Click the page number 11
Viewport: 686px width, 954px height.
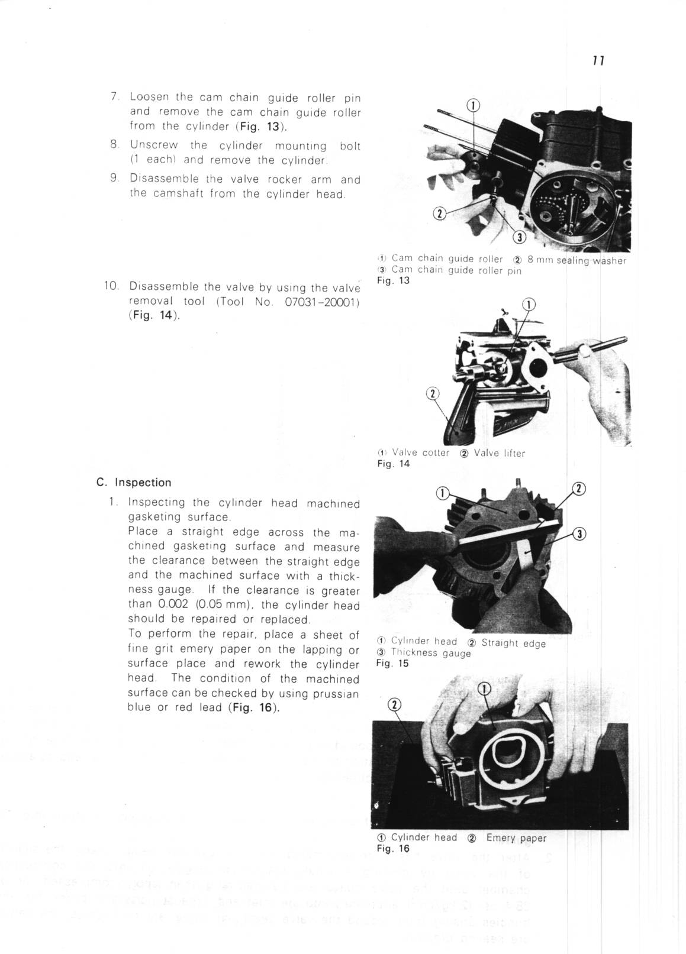tap(597, 60)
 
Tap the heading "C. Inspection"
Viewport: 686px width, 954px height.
tap(134, 483)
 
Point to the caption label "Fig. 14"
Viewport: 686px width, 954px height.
tap(393, 464)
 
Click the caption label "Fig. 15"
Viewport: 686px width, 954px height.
tap(392, 663)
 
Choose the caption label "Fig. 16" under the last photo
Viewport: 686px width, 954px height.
tap(393, 848)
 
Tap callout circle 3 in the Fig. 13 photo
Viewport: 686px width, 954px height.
tap(518, 238)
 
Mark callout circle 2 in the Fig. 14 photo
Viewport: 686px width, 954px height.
tap(433, 394)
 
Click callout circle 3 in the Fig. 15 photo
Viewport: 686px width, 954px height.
tap(581, 534)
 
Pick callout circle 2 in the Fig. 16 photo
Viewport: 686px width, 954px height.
tap(394, 704)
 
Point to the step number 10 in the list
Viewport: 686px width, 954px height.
tap(111, 286)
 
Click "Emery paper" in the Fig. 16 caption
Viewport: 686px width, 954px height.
tap(516, 837)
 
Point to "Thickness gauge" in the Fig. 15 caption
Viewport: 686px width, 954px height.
tap(431, 653)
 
